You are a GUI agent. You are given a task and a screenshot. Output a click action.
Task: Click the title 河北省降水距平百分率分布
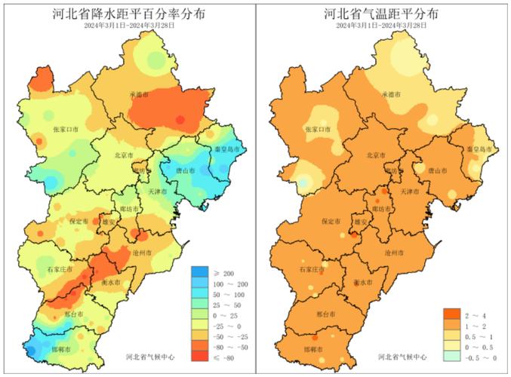(x=128, y=14)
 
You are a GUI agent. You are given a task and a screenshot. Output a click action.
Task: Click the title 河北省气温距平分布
(x=382, y=14)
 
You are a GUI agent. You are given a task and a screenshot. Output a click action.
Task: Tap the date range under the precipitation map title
(x=128, y=26)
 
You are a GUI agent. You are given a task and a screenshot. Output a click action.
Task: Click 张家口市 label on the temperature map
(x=319, y=130)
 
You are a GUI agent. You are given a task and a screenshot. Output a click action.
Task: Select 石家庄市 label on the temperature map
(x=312, y=269)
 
